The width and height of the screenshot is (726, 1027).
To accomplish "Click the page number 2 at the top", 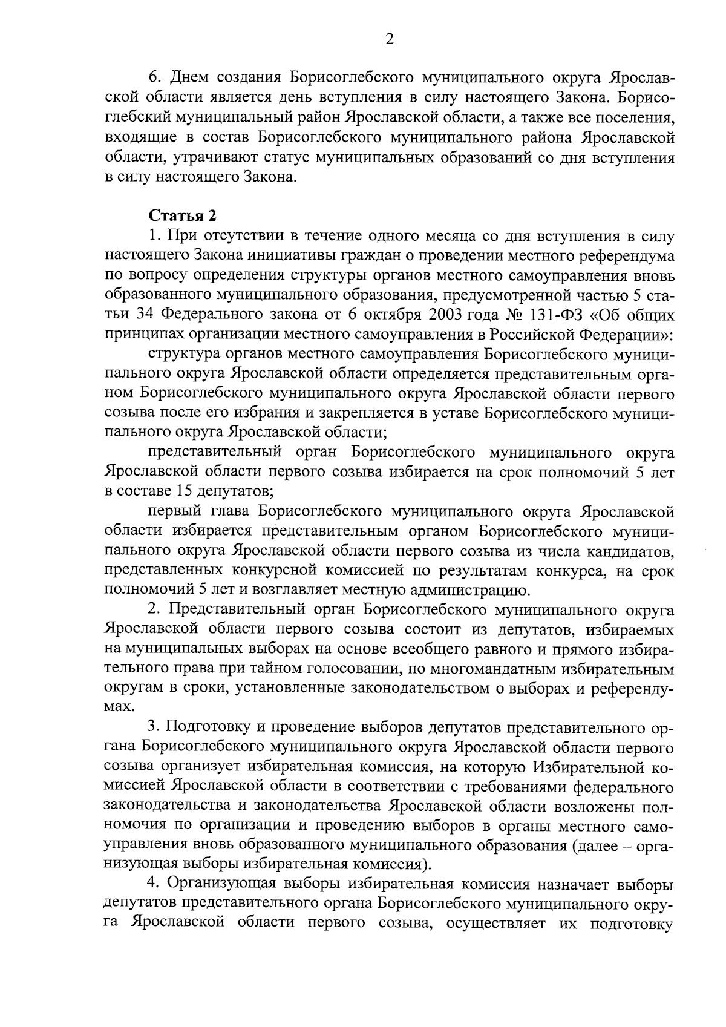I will click(x=389, y=40).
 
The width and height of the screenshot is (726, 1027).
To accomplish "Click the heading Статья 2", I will click(x=182, y=215).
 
